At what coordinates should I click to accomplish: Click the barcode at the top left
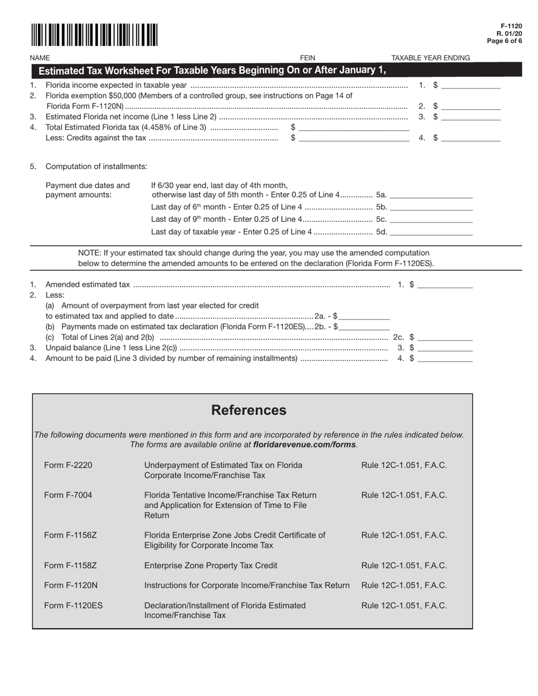(x=94, y=35)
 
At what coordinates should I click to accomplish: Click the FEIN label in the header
(x=308, y=58)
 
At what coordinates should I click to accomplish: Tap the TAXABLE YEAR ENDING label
(x=430, y=58)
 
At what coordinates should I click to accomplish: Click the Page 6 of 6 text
(x=505, y=41)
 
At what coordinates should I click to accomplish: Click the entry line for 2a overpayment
(x=364, y=316)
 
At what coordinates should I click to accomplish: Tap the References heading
(x=249, y=410)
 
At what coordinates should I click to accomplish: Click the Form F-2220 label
(x=68, y=465)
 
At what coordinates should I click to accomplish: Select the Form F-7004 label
(x=68, y=495)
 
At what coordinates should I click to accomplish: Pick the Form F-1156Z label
(x=70, y=535)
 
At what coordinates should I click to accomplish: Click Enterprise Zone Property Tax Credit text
(x=211, y=565)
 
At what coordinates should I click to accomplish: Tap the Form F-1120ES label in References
(x=74, y=605)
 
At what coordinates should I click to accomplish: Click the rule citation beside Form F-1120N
(x=404, y=585)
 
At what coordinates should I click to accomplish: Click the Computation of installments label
(x=96, y=166)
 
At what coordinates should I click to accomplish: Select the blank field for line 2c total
(x=445, y=337)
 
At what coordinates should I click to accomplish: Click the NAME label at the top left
(x=40, y=58)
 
